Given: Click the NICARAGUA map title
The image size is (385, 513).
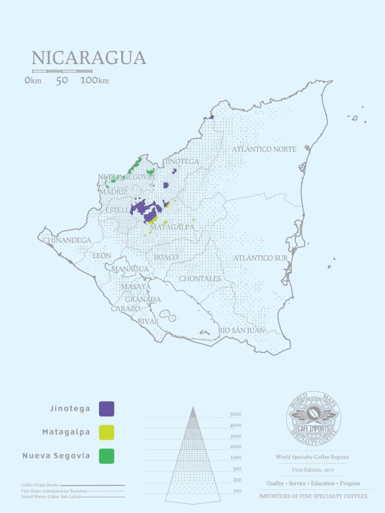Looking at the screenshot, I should click(x=89, y=58).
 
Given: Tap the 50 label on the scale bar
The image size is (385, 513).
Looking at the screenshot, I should click(x=61, y=81).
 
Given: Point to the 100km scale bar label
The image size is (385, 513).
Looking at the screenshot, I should click(x=94, y=81).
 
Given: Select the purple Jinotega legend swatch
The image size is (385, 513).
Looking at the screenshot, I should click(x=106, y=409).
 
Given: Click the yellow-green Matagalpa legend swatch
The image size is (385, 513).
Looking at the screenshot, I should click(x=106, y=432).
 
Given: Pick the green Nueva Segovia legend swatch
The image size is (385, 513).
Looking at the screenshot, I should click(x=106, y=456).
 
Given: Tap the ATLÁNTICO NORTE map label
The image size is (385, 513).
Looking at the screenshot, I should click(x=264, y=150).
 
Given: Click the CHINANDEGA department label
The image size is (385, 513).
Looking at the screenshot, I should click(x=67, y=240).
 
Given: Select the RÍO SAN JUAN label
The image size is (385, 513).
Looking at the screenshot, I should click(x=242, y=331).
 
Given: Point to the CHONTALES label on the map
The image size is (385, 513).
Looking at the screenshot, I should click(x=200, y=279).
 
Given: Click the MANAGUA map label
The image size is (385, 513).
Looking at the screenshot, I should click(x=130, y=269).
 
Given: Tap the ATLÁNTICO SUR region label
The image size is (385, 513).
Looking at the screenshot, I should click(x=260, y=259).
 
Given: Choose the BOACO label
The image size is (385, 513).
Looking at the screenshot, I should click(x=166, y=258).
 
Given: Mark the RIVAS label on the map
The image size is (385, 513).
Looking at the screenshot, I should click(x=148, y=322).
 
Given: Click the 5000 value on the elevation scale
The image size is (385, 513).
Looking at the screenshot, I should click(x=235, y=415).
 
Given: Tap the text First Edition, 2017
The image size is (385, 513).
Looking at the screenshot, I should click(x=313, y=470).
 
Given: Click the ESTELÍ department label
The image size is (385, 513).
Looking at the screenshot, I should click(x=117, y=210).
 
